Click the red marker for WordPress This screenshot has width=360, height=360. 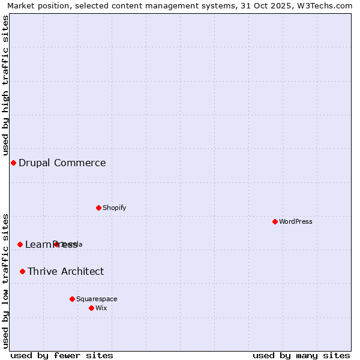coord(275,221)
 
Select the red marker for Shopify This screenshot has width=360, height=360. coord(98,208)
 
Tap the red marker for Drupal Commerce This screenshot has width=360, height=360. coord(13,163)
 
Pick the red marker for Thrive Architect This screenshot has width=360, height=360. coord(22,271)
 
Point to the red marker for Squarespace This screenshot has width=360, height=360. coord(72,299)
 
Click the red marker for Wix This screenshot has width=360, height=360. coord(91,308)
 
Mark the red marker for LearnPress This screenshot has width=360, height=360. coord(20,244)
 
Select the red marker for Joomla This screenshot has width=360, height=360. coord(56,244)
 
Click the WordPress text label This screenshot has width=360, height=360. coord(296,221)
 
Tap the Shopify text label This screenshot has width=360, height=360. coord(114,208)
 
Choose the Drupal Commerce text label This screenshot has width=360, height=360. coord(62,163)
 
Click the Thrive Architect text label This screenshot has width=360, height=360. coord(65,271)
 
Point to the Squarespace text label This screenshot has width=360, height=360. coord(97,299)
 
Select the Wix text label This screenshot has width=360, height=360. coord(101,308)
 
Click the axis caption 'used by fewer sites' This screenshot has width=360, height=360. coord(62,355)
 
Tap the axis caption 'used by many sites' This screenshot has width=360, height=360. coord(301,355)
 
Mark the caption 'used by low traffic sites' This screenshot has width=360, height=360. coord(5,280)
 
